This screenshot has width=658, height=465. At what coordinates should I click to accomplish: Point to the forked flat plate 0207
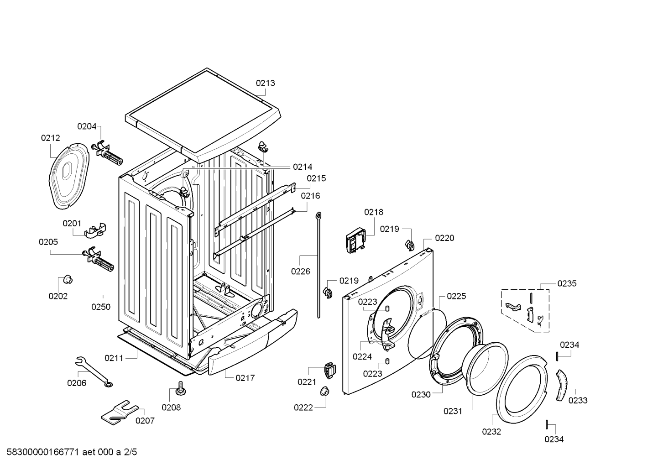[119, 410]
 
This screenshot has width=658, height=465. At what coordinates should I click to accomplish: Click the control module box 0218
[356, 240]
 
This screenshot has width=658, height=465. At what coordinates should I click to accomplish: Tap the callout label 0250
[101, 307]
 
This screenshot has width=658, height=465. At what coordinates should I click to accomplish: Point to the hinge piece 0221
[329, 370]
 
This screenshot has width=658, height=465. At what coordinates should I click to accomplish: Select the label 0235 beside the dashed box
[567, 283]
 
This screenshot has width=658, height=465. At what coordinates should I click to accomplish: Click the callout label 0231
[453, 411]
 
